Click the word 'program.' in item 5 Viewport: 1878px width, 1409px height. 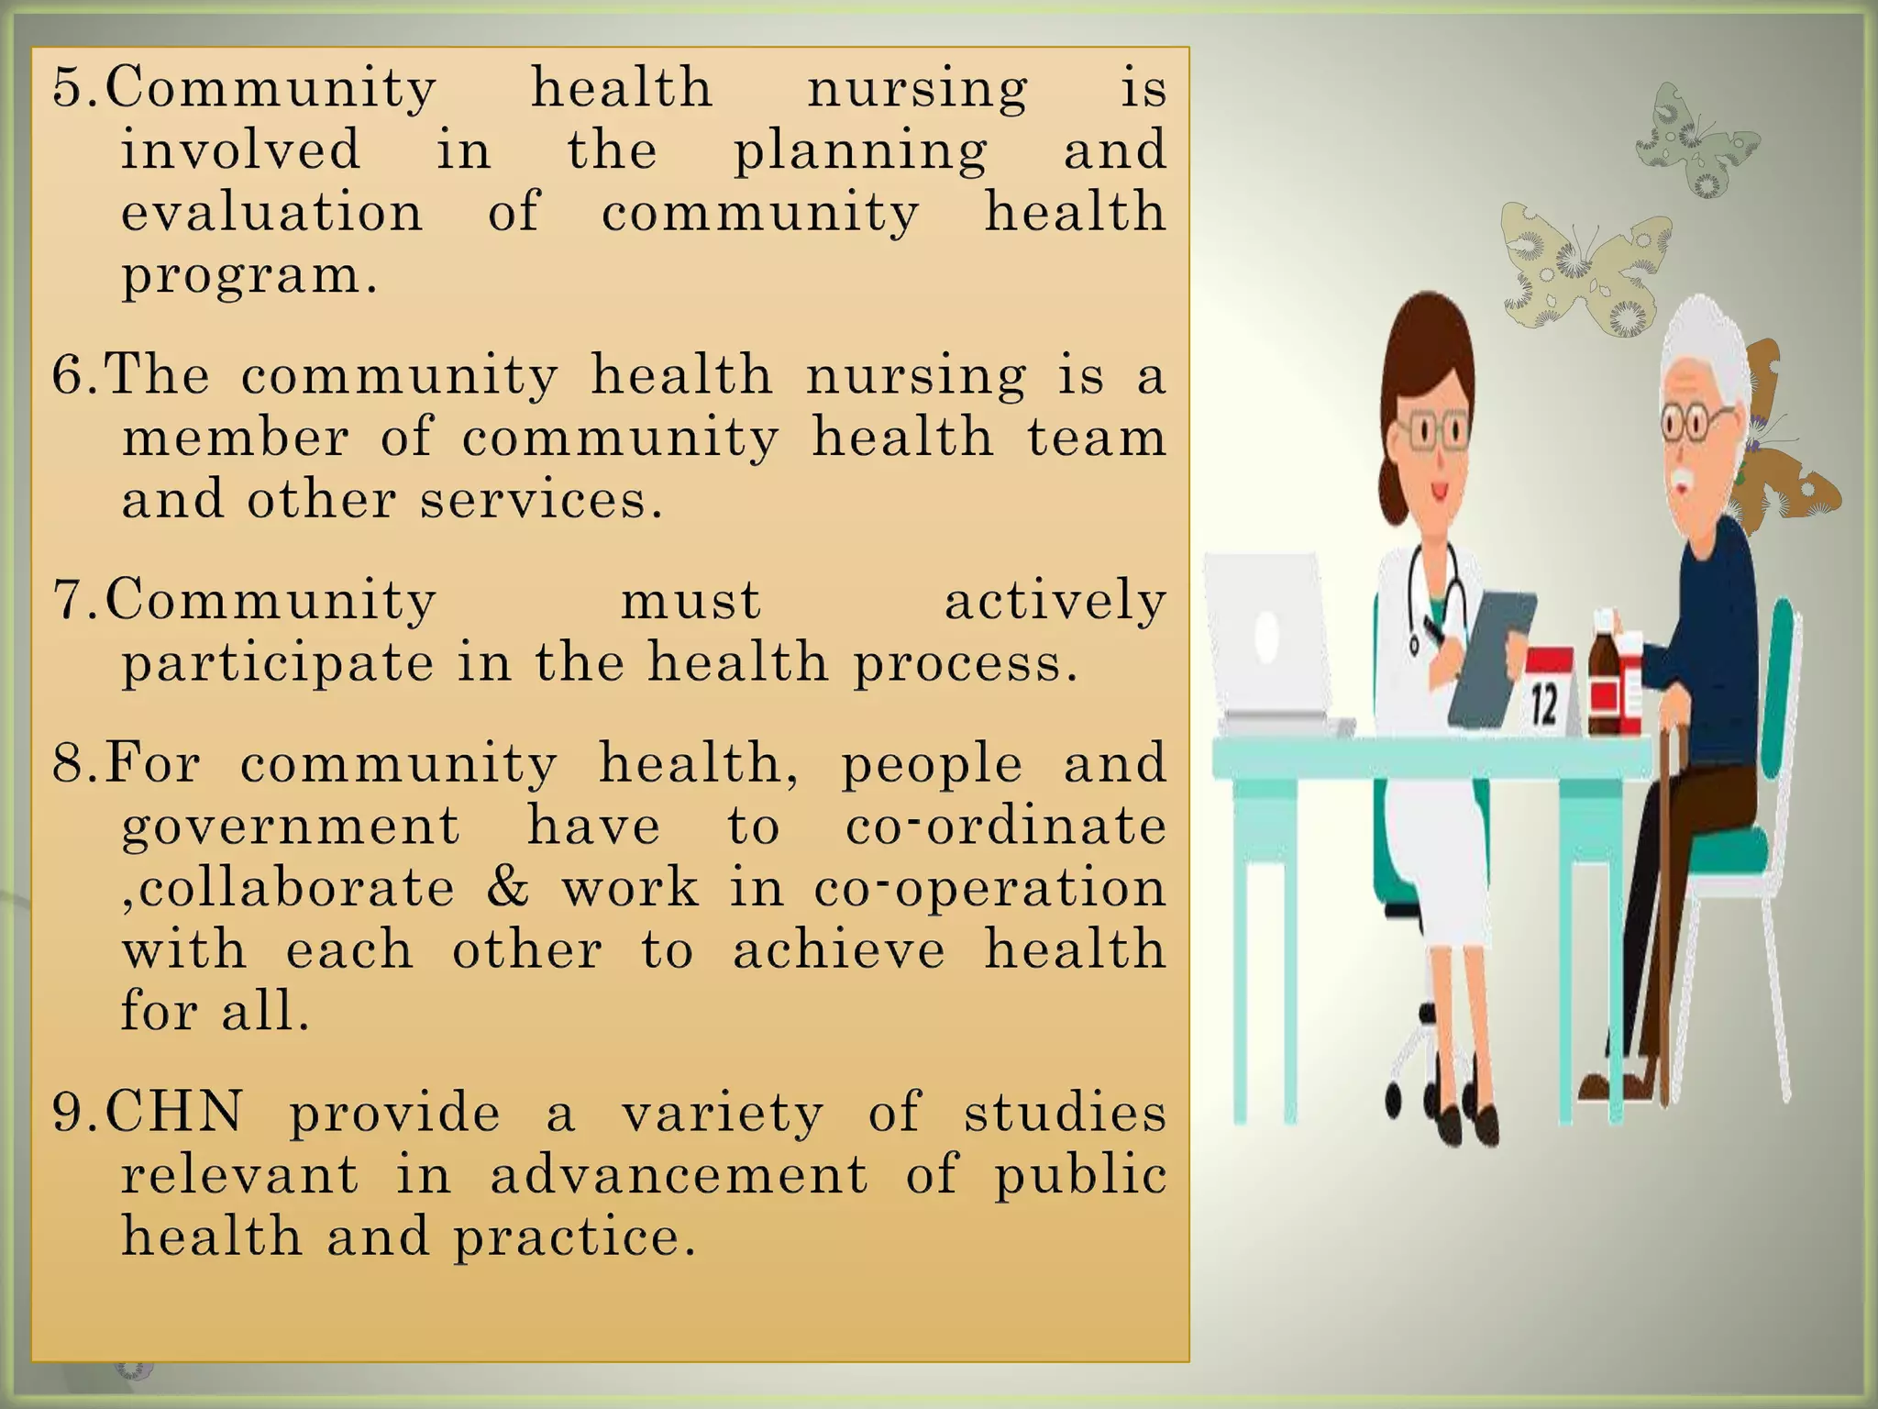(249, 275)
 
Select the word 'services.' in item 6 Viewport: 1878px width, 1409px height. (541, 500)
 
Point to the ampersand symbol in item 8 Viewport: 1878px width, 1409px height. (508, 886)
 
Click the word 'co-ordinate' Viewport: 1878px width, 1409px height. (1005, 826)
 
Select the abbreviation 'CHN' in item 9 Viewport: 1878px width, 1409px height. (174, 1112)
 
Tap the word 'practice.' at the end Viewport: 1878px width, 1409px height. (575, 1237)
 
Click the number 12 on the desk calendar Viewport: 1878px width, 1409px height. (1544, 705)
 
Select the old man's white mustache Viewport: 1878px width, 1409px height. (1682, 481)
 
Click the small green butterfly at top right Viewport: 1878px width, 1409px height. (1696, 142)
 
